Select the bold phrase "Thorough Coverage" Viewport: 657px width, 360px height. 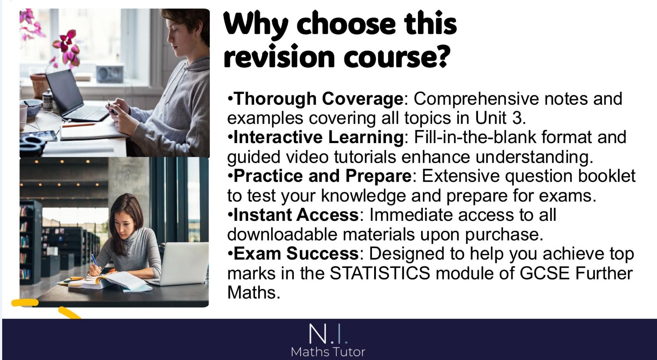(x=319, y=99)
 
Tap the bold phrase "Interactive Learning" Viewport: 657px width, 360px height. (x=319, y=137)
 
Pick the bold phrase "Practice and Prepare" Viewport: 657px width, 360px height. (x=322, y=176)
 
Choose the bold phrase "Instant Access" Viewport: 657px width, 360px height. (x=296, y=215)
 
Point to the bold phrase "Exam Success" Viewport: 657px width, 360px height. (x=296, y=253)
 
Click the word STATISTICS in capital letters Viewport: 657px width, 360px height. (x=380, y=273)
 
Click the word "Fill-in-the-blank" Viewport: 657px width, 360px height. (x=475, y=137)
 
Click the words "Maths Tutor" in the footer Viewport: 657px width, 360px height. (x=328, y=352)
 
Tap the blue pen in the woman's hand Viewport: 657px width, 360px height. (x=95, y=261)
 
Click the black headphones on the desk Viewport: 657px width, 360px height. (x=32, y=144)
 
